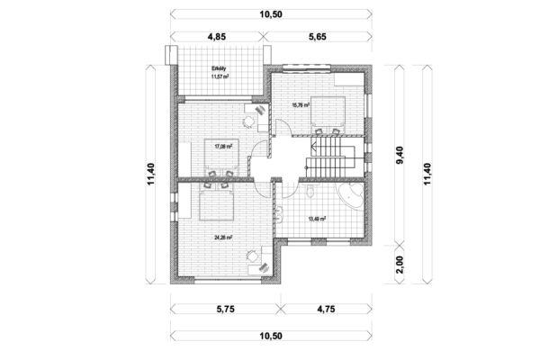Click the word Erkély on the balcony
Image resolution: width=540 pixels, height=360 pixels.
click(218, 68)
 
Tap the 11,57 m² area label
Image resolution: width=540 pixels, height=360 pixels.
click(219, 77)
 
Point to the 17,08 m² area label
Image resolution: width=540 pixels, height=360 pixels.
click(223, 145)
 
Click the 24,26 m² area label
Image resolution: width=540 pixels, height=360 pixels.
click(223, 238)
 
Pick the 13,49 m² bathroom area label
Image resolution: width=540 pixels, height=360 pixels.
click(317, 217)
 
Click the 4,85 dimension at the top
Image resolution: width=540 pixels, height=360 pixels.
click(217, 39)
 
